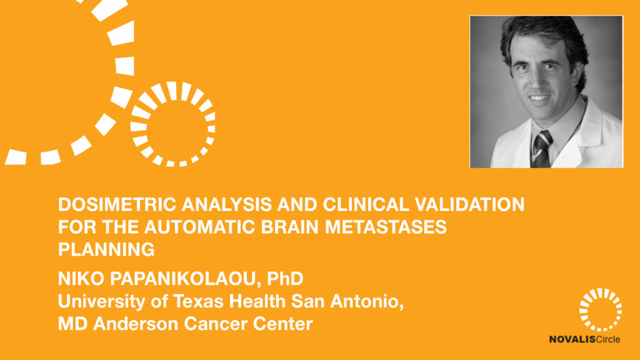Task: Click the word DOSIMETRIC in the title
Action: (x=117, y=204)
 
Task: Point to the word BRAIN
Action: (x=290, y=227)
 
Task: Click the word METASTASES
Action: (x=386, y=227)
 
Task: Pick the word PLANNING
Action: (x=106, y=249)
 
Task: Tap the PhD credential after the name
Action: (x=285, y=279)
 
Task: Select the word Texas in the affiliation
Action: (x=198, y=301)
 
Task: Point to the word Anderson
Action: (x=136, y=324)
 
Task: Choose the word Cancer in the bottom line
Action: (x=216, y=324)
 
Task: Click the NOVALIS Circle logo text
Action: (x=584, y=339)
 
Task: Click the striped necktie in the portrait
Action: (x=542, y=149)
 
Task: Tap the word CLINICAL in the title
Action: (x=366, y=204)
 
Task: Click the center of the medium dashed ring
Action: (x=172, y=124)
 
